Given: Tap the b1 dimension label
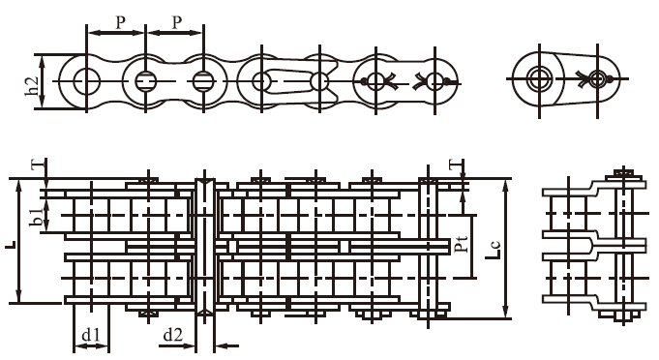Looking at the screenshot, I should point(36,218).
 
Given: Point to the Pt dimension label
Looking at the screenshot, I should point(462,242).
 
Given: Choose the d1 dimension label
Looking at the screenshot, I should point(91,336).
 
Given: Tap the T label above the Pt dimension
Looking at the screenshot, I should point(454,165).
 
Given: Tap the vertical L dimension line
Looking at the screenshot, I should point(19,241).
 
